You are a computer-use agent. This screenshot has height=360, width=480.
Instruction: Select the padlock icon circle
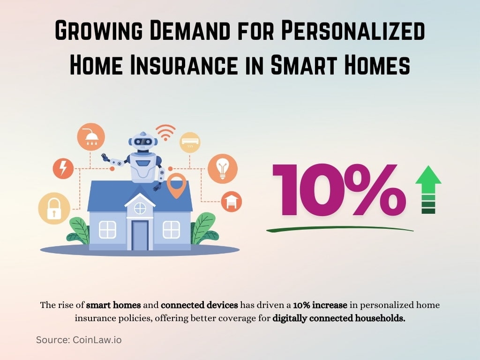(x=54, y=208)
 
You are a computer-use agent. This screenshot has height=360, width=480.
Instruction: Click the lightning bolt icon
(x=62, y=168)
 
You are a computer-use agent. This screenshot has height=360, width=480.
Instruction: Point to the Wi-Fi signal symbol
(x=165, y=132)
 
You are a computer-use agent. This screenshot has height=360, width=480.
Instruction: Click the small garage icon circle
(x=231, y=201)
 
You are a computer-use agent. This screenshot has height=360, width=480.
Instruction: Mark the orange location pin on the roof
(x=176, y=185)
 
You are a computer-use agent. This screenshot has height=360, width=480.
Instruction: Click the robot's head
(x=143, y=141)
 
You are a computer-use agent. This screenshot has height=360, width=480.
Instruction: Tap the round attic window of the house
(x=140, y=208)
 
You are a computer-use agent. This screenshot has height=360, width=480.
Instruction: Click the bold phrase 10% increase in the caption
(x=320, y=305)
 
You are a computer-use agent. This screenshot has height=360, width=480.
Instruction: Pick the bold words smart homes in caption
(x=113, y=305)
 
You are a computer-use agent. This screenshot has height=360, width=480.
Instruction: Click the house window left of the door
(x=107, y=229)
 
